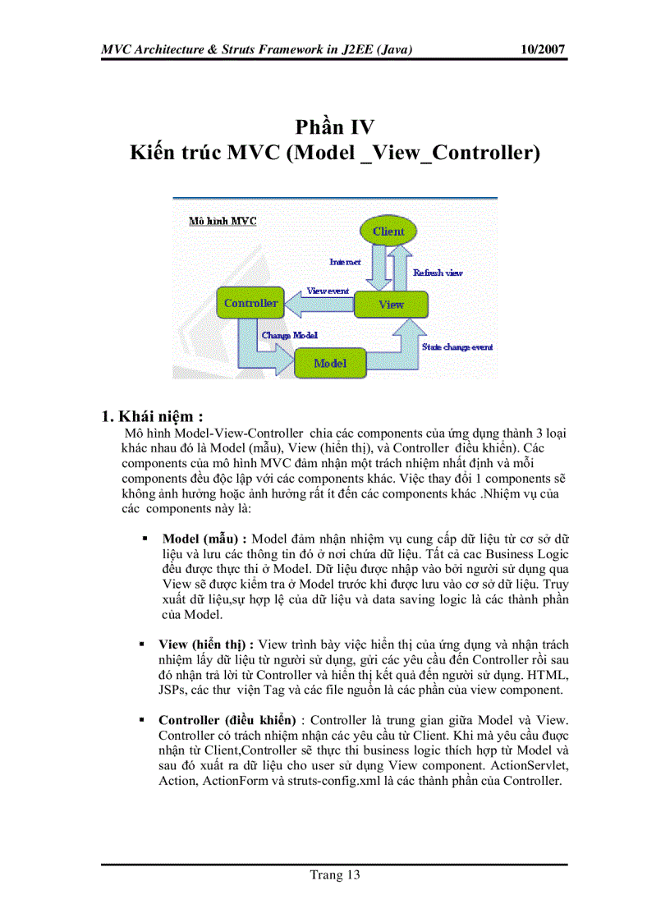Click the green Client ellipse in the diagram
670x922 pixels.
coord(388,231)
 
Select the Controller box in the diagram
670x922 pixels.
coord(250,303)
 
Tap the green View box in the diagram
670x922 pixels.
coord(391,304)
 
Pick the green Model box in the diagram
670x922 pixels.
coord(329,363)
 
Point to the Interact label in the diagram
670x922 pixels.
coord(345,262)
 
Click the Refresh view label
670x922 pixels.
coord(437,273)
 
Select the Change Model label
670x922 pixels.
coord(289,335)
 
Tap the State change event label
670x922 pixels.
coord(457,347)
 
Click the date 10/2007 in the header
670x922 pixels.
coord(544,49)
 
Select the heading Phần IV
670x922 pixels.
coord(335,127)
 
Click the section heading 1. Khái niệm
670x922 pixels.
coord(152,415)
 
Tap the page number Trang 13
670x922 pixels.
coord(334,874)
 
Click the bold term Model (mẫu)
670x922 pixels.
coord(204,539)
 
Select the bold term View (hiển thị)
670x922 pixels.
coord(205,644)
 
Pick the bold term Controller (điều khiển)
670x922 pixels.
coord(227,719)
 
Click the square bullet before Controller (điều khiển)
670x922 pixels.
coord(145,720)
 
